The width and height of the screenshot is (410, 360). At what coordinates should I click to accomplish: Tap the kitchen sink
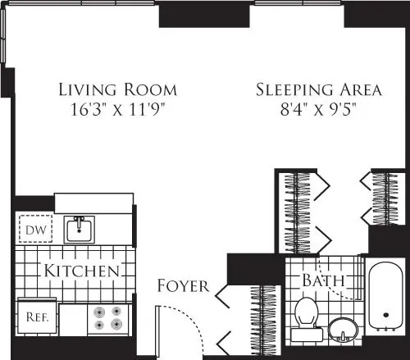click(80, 229)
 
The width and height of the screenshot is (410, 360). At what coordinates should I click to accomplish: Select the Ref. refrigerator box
click(34, 314)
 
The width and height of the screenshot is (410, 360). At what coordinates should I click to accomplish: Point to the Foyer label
click(183, 286)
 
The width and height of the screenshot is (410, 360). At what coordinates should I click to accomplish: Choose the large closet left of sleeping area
click(295, 213)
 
